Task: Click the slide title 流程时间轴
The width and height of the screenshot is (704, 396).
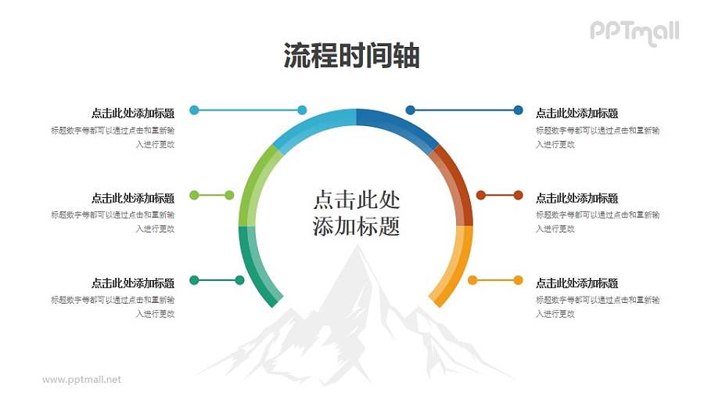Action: click(x=351, y=56)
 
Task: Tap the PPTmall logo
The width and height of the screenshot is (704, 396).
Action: click(x=634, y=32)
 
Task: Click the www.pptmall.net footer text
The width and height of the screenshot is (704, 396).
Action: click(x=81, y=380)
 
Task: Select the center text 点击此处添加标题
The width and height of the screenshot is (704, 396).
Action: click(x=356, y=211)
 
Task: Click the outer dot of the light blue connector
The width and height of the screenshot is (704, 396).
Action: click(x=194, y=110)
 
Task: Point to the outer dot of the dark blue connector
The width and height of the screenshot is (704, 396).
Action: click(x=518, y=110)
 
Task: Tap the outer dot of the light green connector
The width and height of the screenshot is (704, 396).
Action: click(x=194, y=195)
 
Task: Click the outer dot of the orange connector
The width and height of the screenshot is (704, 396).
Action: click(x=518, y=279)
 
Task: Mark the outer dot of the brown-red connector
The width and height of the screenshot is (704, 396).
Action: click(x=518, y=195)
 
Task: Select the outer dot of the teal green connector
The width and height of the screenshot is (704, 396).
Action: click(x=194, y=279)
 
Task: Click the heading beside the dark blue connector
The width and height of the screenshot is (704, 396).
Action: click(x=576, y=113)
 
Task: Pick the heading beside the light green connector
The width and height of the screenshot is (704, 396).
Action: click(x=133, y=198)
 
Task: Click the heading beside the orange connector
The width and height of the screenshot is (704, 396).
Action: click(x=576, y=283)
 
